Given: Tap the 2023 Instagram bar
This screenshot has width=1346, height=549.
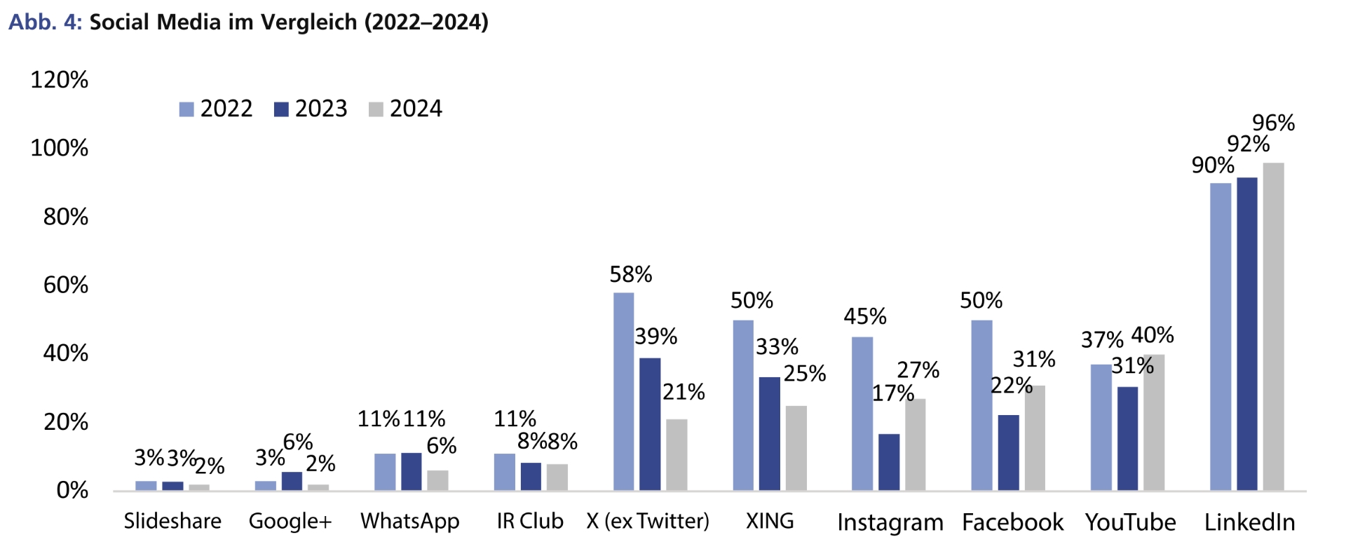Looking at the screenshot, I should click(889, 462).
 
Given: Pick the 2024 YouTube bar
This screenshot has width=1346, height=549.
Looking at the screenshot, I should click(1154, 422).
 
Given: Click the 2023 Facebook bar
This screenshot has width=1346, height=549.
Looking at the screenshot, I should click(1008, 452).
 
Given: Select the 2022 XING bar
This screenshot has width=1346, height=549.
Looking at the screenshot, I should click(743, 405).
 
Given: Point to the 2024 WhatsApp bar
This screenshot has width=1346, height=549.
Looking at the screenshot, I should click(437, 480).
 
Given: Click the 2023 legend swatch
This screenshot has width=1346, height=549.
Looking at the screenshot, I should click(281, 109).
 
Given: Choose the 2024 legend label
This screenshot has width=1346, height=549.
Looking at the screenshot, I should click(416, 109).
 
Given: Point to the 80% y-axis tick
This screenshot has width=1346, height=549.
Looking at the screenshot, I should click(66, 217).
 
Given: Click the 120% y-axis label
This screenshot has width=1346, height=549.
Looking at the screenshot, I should click(60, 80).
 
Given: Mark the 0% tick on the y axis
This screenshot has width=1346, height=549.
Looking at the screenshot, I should click(72, 490).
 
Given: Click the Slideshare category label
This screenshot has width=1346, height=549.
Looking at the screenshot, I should click(172, 521).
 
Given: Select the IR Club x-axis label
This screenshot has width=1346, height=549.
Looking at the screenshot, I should click(530, 521).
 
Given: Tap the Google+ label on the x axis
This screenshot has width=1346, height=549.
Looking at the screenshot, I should click(290, 521).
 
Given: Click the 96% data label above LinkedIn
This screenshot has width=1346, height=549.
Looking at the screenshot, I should click(1273, 123).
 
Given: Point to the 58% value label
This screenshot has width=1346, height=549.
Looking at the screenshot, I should click(630, 274).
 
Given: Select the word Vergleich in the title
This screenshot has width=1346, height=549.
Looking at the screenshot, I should click(308, 22).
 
